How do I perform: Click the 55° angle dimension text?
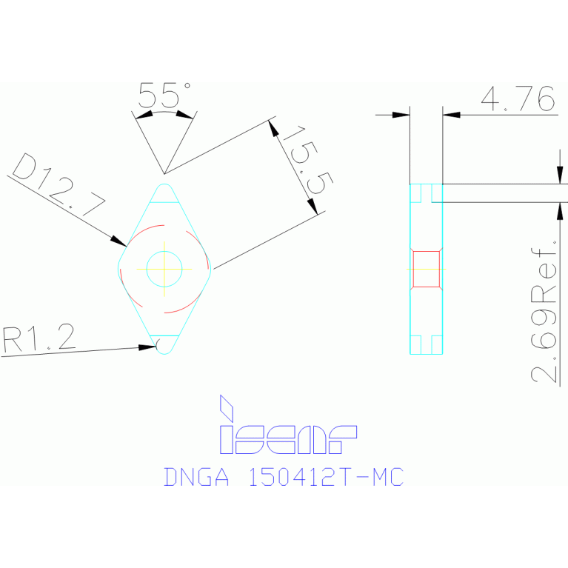tap(164, 96)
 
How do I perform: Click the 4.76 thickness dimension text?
tap(518, 98)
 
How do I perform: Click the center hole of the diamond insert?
tap(164, 268)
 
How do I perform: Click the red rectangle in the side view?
tap(427, 268)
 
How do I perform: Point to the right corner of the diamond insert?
tap(211, 268)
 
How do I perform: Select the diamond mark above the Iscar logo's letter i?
tap(227, 407)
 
